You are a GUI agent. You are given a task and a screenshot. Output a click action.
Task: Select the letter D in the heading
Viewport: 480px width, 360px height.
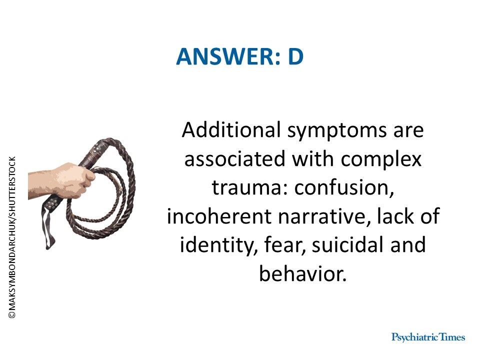pyautogui.click(x=295, y=57)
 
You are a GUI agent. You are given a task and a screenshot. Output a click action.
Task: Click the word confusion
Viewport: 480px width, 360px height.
pyautogui.click(x=344, y=188)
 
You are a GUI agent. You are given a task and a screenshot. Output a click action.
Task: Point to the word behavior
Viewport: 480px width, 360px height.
pyautogui.click(x=302, y=274)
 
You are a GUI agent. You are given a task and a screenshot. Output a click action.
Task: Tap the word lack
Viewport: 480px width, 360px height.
pyautogui.click(x=401, y=217)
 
